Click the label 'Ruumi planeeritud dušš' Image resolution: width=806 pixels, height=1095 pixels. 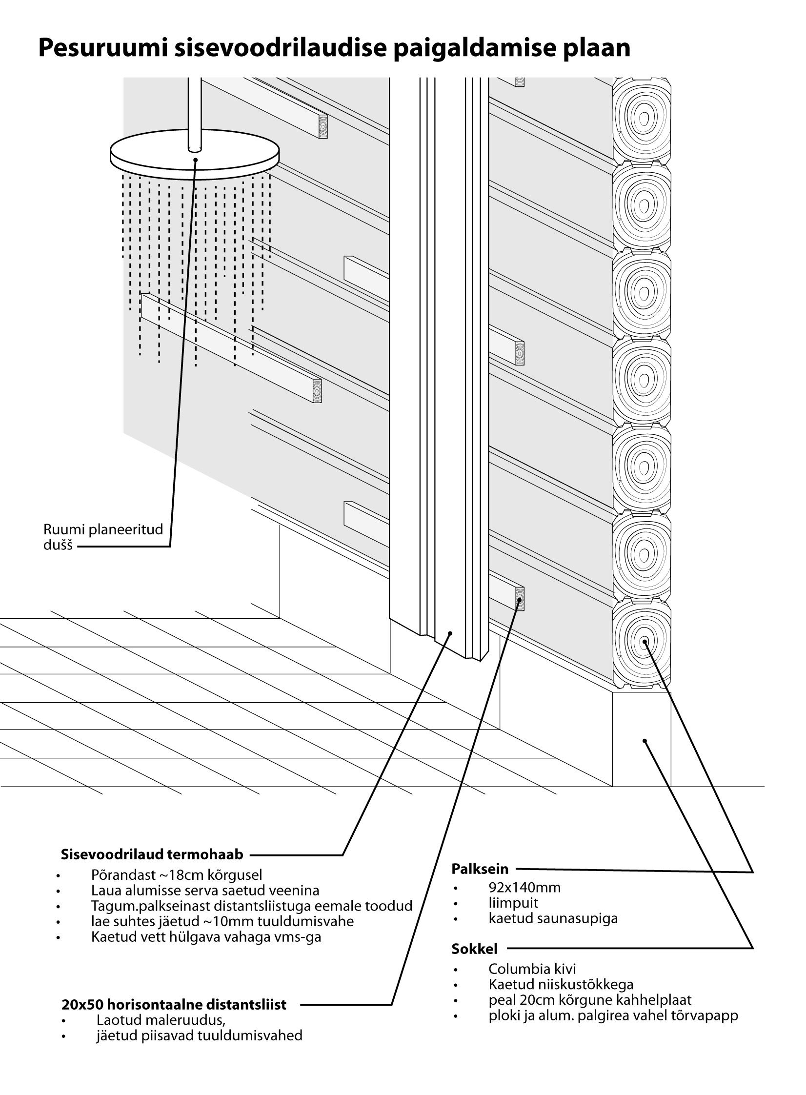(x=103, y=537)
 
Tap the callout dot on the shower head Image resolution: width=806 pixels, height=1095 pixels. (x=196, y=159)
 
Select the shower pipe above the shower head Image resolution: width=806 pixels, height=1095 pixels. (x=195, y=112)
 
